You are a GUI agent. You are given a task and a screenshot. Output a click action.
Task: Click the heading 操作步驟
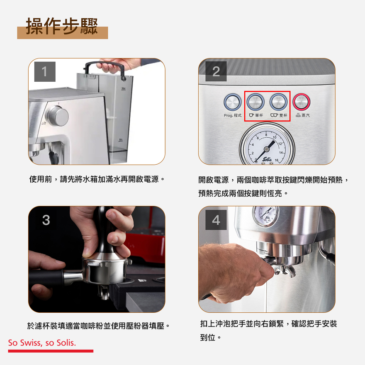pos(62,26)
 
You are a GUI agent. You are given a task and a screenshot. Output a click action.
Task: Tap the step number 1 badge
pos(45,71)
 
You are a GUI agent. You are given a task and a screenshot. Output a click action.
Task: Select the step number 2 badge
pos(216,71)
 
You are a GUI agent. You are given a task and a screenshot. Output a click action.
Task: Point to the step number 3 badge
pos(46,220)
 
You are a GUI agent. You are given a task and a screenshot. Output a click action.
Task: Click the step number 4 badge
pos(216,220)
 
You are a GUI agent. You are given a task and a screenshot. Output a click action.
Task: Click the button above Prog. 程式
pos(232,102)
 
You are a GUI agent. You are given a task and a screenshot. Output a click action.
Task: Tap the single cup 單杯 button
pos(255,102)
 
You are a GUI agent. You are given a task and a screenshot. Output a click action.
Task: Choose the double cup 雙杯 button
pos(278,102)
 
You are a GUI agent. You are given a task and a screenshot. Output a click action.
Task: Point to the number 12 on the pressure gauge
pos(280,144)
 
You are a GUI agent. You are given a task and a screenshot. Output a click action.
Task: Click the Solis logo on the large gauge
pos(267,159)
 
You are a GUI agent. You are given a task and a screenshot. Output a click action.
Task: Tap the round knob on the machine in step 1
pos(58,116)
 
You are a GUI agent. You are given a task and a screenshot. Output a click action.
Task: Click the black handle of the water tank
pos(104,68)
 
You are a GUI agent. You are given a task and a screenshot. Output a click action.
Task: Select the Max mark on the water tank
pos(123,88)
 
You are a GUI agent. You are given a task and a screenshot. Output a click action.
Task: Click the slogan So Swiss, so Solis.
pos(42,343)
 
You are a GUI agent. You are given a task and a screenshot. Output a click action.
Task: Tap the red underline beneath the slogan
pos(51,351)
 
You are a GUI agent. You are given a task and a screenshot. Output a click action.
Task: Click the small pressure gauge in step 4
pos(265,216)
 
